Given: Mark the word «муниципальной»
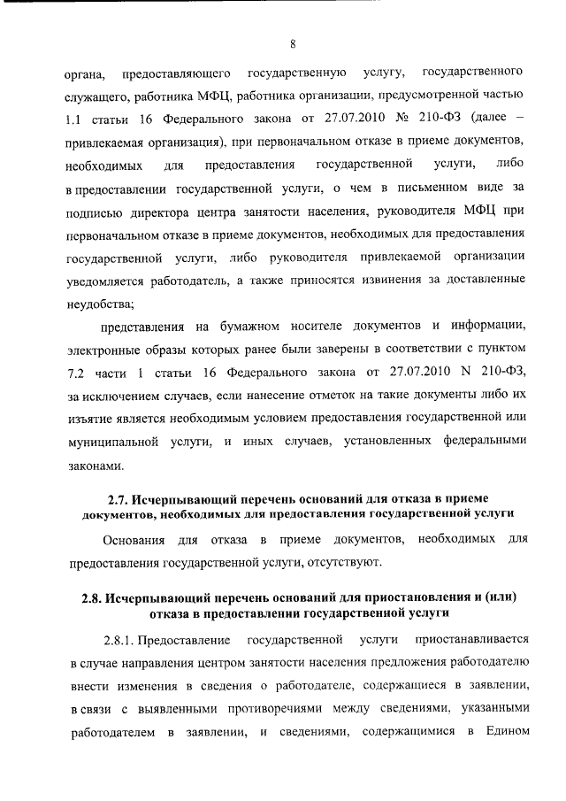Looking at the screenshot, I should tap(112, 440).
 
